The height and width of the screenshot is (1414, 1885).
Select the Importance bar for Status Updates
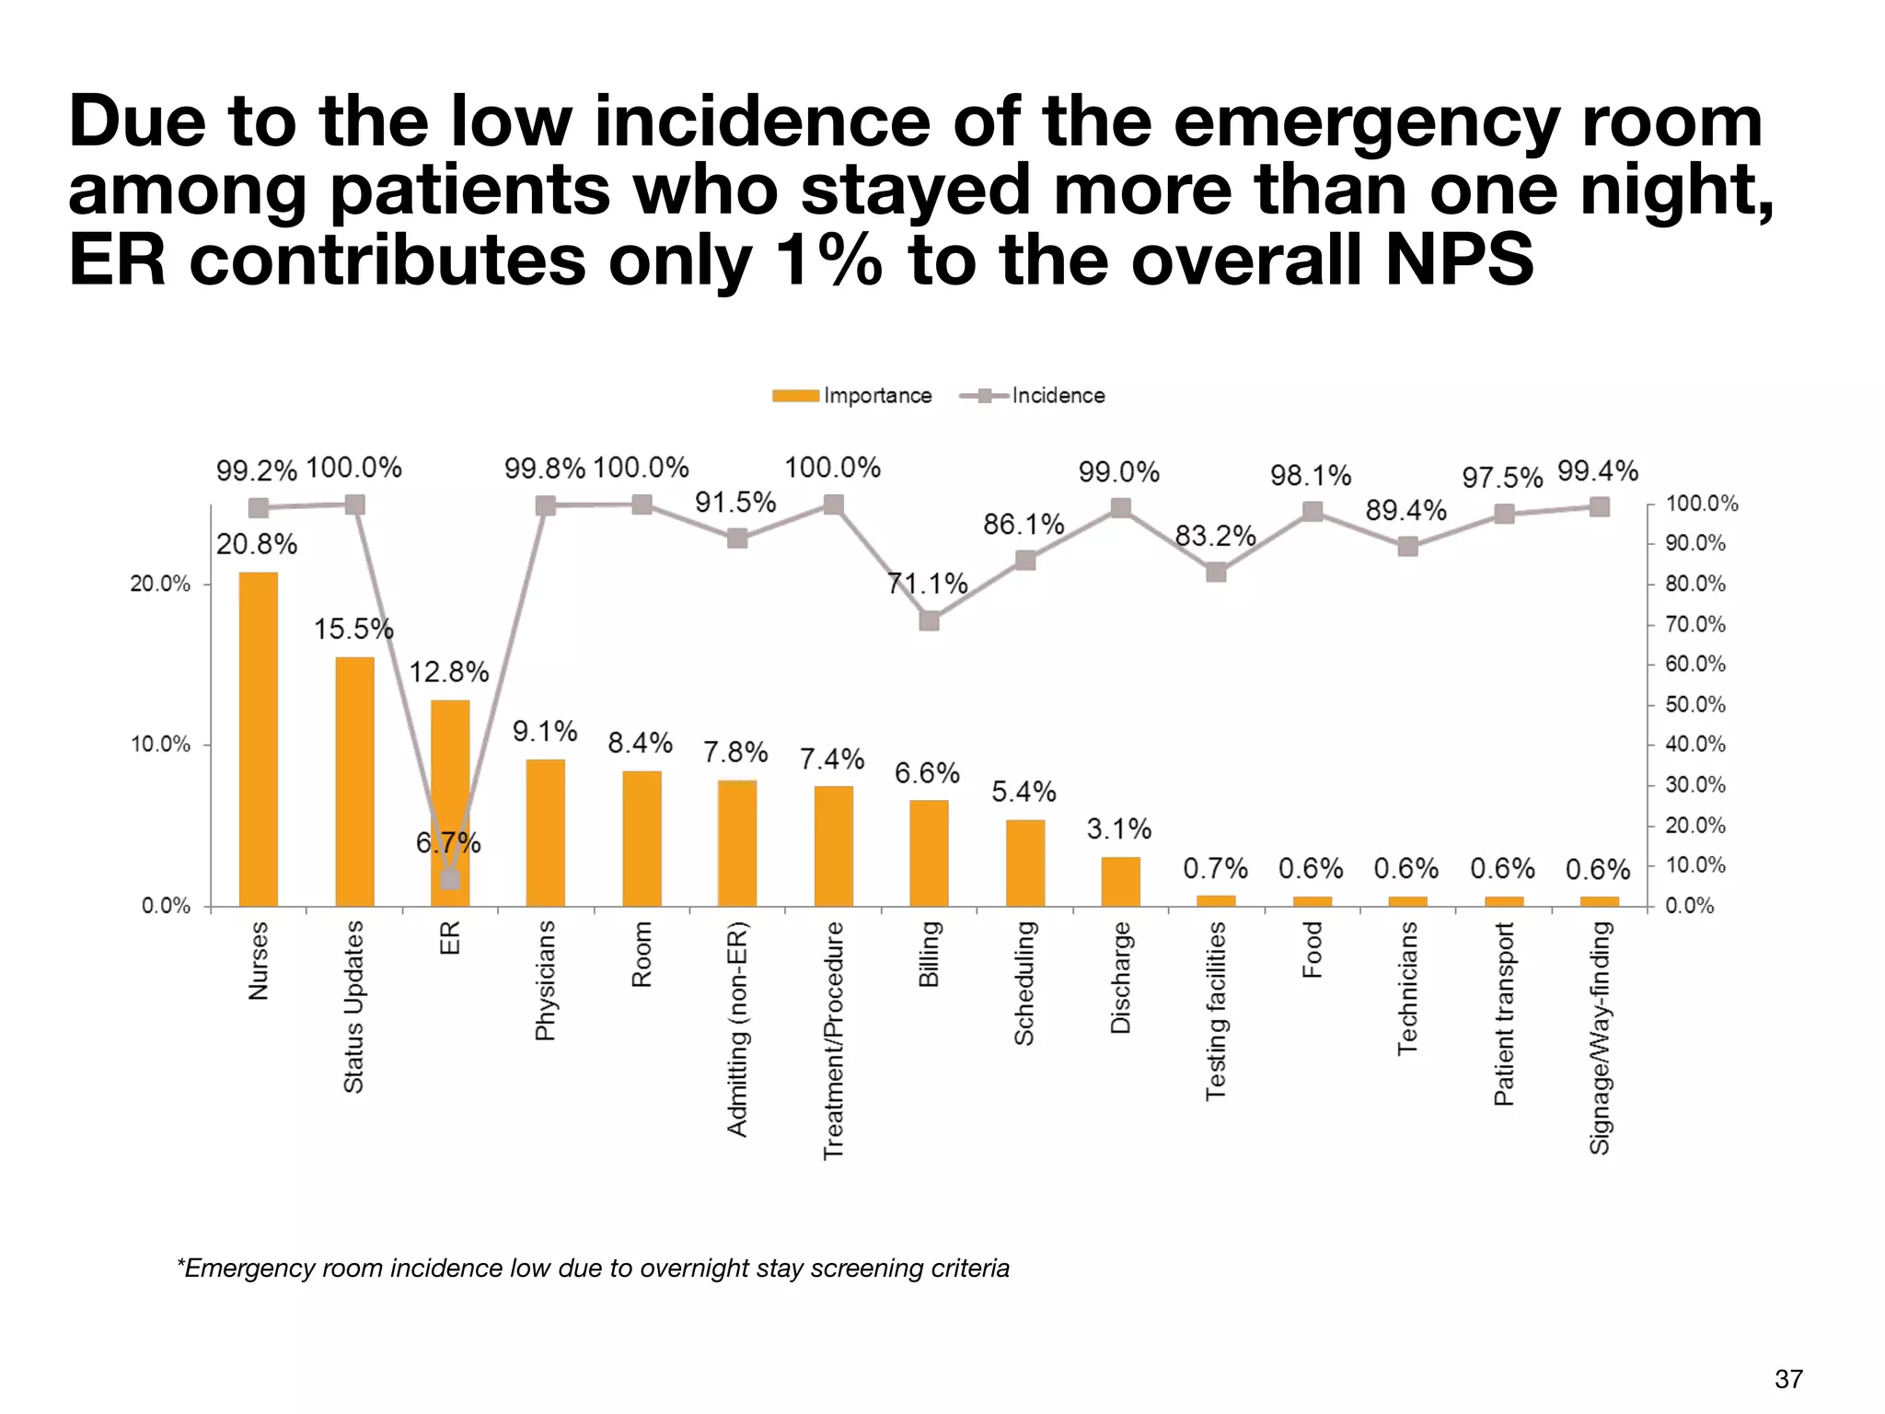point(354,782)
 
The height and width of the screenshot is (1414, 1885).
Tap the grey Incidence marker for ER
point(450,879)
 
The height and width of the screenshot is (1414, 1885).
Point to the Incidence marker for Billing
point(930,620)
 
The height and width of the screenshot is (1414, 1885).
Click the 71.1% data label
point(927,584)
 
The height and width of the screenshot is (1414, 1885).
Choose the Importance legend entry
point(852,396)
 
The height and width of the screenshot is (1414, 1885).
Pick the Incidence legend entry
point(1033,396)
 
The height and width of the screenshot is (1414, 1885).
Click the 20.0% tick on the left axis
point(160,585)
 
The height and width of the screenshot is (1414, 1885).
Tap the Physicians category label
point(545,980)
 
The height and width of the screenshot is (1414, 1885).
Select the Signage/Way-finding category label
point(1600,1037)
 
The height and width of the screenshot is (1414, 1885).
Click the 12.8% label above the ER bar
point(448,672)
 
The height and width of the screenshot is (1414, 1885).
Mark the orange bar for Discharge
point(1120,881)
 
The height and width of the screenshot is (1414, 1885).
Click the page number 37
point(1787,1379)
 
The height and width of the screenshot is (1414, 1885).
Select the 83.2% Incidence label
point(1215,536)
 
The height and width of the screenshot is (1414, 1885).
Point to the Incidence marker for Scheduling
point(1025,561)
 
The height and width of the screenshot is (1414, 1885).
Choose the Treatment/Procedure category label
point(833,1040)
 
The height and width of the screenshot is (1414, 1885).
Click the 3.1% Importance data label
point(1118,829)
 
